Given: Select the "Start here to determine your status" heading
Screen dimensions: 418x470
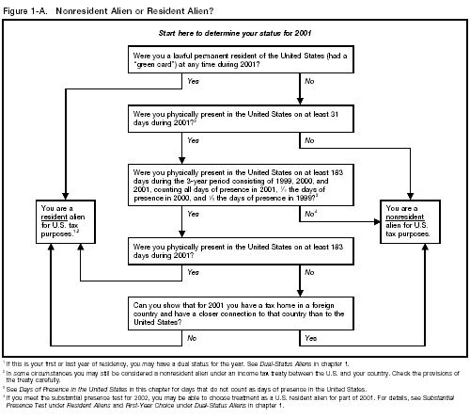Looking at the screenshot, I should tap(235, 34).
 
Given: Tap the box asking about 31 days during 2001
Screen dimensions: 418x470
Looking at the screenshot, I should tap(234, 119).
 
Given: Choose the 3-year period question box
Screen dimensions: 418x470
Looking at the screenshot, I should tap(234, 183).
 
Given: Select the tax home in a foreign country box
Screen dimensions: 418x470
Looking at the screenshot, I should tap(234, 312).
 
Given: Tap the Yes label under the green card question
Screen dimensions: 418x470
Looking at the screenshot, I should tap(194, 82).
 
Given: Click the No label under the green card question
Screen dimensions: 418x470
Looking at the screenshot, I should tap(309, 82).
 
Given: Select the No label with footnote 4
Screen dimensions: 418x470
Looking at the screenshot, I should tap(310, 214).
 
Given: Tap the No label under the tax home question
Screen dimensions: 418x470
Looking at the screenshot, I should tap(194, 336).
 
